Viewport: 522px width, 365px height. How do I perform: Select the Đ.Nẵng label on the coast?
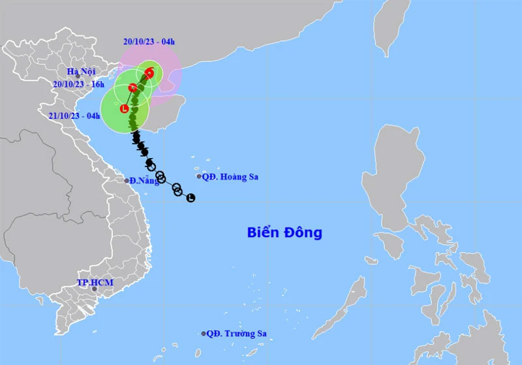pyautogui.click(x=144, y=180)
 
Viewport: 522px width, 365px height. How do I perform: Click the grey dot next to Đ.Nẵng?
pyautogui.click(x=127, y=180)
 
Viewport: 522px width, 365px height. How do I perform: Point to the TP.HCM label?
pyautogui.click(x=95, y=282)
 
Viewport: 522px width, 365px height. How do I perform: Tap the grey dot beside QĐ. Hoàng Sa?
pyautogui.click(x=199, y=176)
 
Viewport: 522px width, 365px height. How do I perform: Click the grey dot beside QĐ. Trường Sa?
pyautogui.click(x=204, y=334)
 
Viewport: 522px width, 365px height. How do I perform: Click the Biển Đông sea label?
pyautogui.click(x=284, y=232)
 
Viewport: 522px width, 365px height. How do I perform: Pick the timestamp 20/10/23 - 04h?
pyautogui.click(x=149, y=41)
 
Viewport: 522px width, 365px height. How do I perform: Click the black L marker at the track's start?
pyautogui.click(x=191, y=198)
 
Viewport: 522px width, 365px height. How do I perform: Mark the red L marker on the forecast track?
pyautogui.click(x=125, y=109)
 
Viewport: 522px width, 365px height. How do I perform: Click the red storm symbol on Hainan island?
pyautogui.click(x=133, y=87)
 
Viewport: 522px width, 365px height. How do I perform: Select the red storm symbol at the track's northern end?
pyautogui.click(x=149, y=73)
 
